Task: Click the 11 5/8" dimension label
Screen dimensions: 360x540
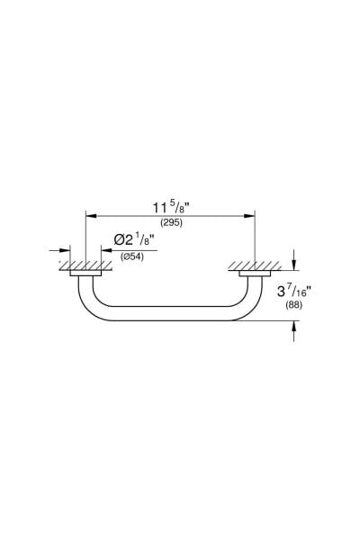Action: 172,208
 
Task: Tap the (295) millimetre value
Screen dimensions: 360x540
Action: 171,223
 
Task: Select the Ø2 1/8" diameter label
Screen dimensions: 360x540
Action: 134,239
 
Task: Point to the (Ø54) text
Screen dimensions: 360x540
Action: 132,256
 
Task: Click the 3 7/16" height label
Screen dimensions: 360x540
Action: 294,292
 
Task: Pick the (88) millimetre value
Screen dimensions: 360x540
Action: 294,305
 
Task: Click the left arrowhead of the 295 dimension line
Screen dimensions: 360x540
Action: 91,216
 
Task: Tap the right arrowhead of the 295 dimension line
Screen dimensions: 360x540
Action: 249,216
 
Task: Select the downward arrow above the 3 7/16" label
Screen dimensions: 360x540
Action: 293,260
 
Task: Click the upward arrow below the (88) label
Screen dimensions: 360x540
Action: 293,331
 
